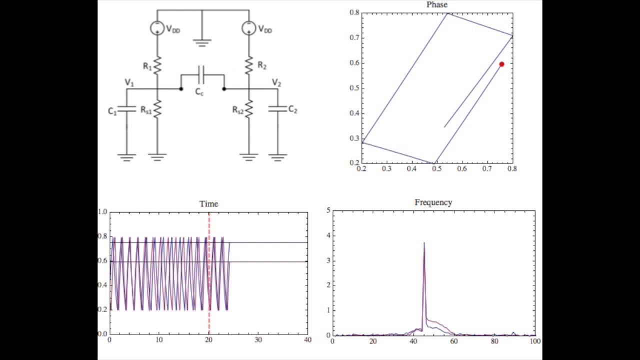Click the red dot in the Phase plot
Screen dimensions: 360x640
(x=501, y=64)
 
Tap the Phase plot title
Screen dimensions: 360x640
(x=436, y=4)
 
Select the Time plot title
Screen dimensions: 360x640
(x=208, y=203)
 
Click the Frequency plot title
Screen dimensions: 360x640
(x=433, y=202)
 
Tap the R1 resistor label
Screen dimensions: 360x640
(x=147, y=65)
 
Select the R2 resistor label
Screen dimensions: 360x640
(x=262, y=65)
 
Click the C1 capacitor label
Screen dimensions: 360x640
(x=112, y=111)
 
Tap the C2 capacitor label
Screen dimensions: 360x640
(x=292, y=109)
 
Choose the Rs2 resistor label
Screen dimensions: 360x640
(x=237, y=110)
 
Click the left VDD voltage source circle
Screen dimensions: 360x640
(x=157, y=28)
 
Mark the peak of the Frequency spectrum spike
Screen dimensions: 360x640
(x=424, y=243)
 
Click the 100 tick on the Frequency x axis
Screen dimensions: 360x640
(x=535, y=341)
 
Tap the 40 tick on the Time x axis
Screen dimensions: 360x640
(x=307, y=340)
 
